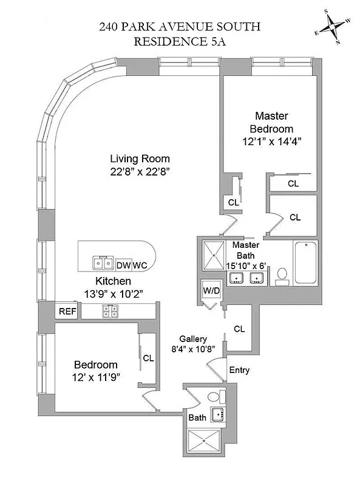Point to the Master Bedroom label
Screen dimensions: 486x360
(271, 122)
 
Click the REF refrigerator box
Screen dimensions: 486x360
(66, 312)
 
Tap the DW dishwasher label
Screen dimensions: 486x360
(123, 265)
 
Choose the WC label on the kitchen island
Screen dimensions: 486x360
(140, 265)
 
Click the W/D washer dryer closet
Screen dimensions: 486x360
(211, 291)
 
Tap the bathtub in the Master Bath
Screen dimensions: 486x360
(305, 263)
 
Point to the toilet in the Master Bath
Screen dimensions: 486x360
(282, 276)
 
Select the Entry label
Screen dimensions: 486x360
(239, 370)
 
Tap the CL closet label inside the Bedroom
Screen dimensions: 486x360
(148, 358)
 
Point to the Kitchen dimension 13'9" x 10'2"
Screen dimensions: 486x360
(112, 293)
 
